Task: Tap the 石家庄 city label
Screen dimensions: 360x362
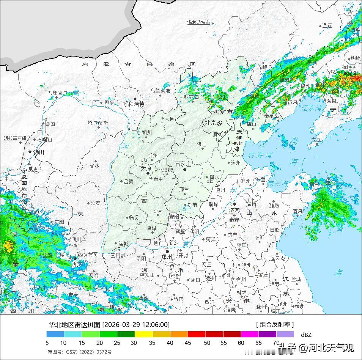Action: pos(183,164)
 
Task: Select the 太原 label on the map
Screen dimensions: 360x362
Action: pos(146,168)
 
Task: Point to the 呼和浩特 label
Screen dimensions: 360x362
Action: pos(134,104)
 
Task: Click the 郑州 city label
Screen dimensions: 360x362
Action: pos(167,256)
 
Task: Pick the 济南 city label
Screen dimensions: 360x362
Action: pos(234,210)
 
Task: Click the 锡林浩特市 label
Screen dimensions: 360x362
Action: pos(198,22)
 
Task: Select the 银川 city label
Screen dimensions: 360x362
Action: pos(39,152)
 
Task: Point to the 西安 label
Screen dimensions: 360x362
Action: pos(77,264)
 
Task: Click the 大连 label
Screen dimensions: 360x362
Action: pos(316,140)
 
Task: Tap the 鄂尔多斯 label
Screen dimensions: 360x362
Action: pos(98,123)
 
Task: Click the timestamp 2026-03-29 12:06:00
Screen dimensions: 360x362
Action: pos(136,325)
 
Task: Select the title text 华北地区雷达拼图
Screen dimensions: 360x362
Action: pos(74,325)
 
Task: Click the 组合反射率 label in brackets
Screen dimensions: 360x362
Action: pos(275,324)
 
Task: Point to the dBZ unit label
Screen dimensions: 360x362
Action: pos(306,335)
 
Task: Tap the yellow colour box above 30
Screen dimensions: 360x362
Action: pos(143,334)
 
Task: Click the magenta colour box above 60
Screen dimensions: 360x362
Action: pos(250,334)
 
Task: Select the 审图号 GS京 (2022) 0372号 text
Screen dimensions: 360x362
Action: pos(80,352)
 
